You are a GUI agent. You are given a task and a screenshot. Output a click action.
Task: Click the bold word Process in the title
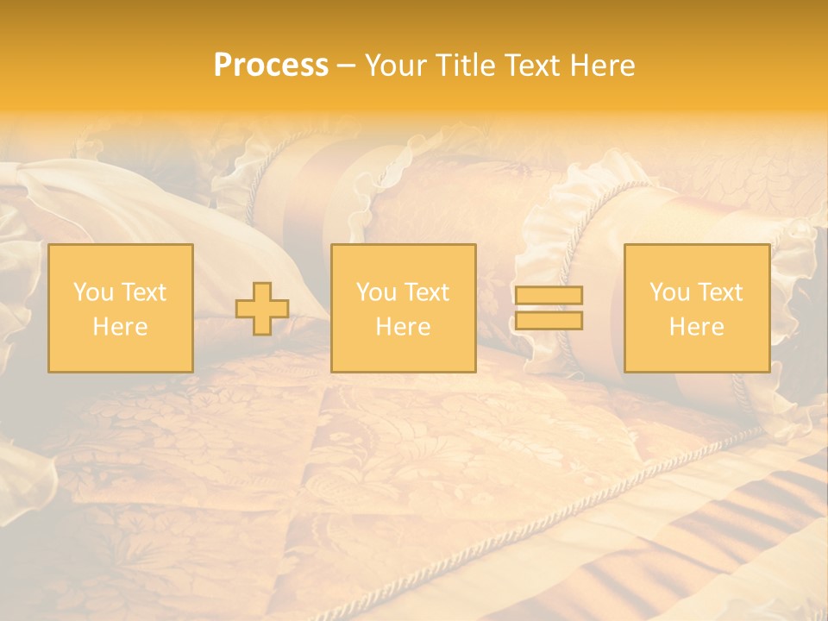click(271, 66)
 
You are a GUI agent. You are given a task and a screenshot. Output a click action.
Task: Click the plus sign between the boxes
click(262, 309)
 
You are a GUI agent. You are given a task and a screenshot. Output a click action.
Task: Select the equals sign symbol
click(549, 308)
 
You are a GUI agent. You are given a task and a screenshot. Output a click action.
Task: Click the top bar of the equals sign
click(549, 296)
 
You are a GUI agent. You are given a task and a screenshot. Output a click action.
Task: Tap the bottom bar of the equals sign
click(549, 321)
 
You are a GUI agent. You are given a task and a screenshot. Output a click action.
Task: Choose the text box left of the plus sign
click(120, 308)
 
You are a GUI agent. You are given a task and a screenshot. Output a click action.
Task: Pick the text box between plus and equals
click(403, 308)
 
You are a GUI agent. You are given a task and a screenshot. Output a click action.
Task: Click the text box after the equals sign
click(696, 308)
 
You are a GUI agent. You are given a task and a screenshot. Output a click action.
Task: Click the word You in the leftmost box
click(93, 292)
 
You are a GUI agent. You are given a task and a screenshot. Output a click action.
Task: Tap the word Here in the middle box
click(403, 327)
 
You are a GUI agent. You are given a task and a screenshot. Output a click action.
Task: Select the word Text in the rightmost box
click(721, 292)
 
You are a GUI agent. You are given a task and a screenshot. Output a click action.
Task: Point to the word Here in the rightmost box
click(696, 327)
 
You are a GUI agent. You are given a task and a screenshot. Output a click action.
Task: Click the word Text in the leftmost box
click(143, 292)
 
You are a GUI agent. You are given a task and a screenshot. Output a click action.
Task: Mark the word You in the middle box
click(376, 292)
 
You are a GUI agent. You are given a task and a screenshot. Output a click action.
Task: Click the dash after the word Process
click(346, 66)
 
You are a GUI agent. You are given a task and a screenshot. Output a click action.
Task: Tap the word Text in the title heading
click(531, 66)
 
